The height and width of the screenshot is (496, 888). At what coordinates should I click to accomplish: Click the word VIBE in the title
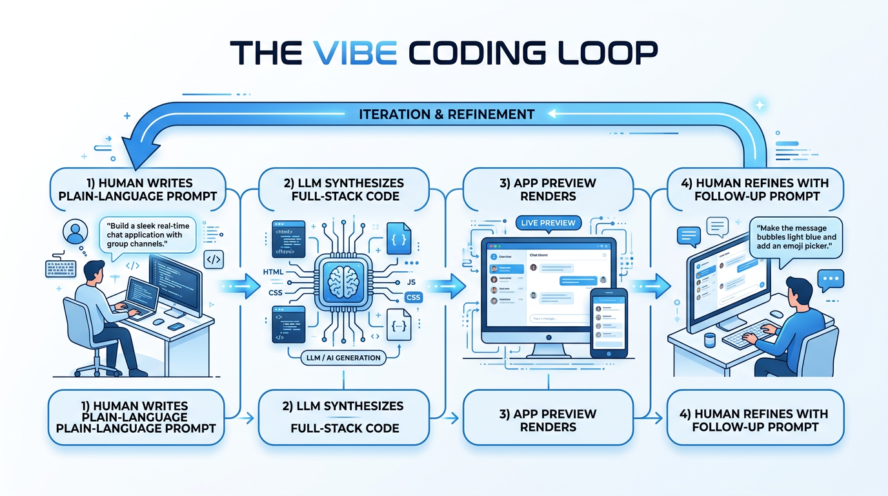tap(354, 52)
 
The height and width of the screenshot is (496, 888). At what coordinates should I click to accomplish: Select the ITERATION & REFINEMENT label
tap(447, 114)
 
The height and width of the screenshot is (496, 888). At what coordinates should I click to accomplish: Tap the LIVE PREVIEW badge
tap(549, 223)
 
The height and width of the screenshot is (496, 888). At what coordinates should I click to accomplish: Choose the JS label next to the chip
tap(411, 282)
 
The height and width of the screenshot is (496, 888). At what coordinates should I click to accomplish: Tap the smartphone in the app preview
tap(609, 322)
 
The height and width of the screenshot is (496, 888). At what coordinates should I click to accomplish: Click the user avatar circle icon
tap(76, 231)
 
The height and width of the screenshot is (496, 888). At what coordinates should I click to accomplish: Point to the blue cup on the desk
tap(710, 340)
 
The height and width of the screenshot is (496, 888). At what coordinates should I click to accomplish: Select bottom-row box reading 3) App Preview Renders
tap(548, 420)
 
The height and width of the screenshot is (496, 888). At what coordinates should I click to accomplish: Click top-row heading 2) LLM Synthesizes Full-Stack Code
tap(343, 189)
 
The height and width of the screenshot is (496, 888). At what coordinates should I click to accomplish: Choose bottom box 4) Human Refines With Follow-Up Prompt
tap(754, 420)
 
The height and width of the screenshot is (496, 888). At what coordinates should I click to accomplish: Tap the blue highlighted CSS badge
tap(412, 298)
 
